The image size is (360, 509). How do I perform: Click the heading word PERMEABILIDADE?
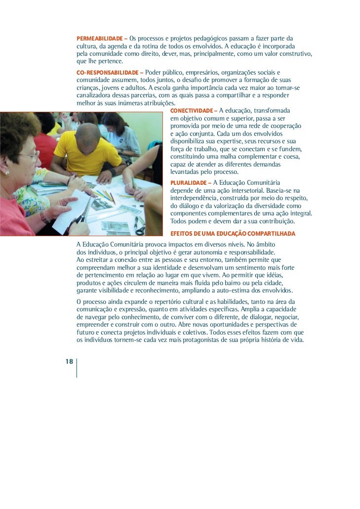[x=99, y=39]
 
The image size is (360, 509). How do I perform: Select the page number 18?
[x=69, y=362]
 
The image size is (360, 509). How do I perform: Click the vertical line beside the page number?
[x=77, y=368]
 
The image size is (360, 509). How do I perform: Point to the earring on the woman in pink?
[x=7, y=173]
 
